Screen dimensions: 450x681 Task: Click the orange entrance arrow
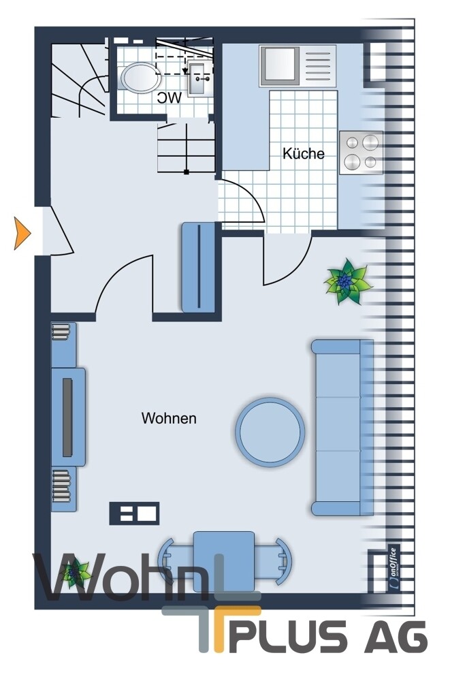click(21, 233)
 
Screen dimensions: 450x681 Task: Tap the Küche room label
click(303, 153)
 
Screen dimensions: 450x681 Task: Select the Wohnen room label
click(169, 418)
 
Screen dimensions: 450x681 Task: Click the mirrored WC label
click(170, 98)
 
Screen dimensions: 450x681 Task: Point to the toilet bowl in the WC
click(140, 78)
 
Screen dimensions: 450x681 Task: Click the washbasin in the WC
click(201, 78)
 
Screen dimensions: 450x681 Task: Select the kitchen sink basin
click(279, 65)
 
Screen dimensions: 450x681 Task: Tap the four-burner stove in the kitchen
click(361, 153)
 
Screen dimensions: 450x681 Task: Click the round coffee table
click(270, 432)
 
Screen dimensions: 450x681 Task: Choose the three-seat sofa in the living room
click(342, 428)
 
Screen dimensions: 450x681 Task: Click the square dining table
click(224, 562)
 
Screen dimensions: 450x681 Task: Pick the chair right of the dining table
click(274, 561)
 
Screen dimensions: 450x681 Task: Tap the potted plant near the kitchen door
click(347, 281)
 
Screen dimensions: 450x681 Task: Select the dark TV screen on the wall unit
click(67, 417)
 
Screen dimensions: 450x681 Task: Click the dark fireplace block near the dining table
click(134, 513)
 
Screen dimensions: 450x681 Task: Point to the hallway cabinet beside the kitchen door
click(198, 267)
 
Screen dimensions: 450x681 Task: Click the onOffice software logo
click(393, 569)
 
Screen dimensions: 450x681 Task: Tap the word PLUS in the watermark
click(287, 637)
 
